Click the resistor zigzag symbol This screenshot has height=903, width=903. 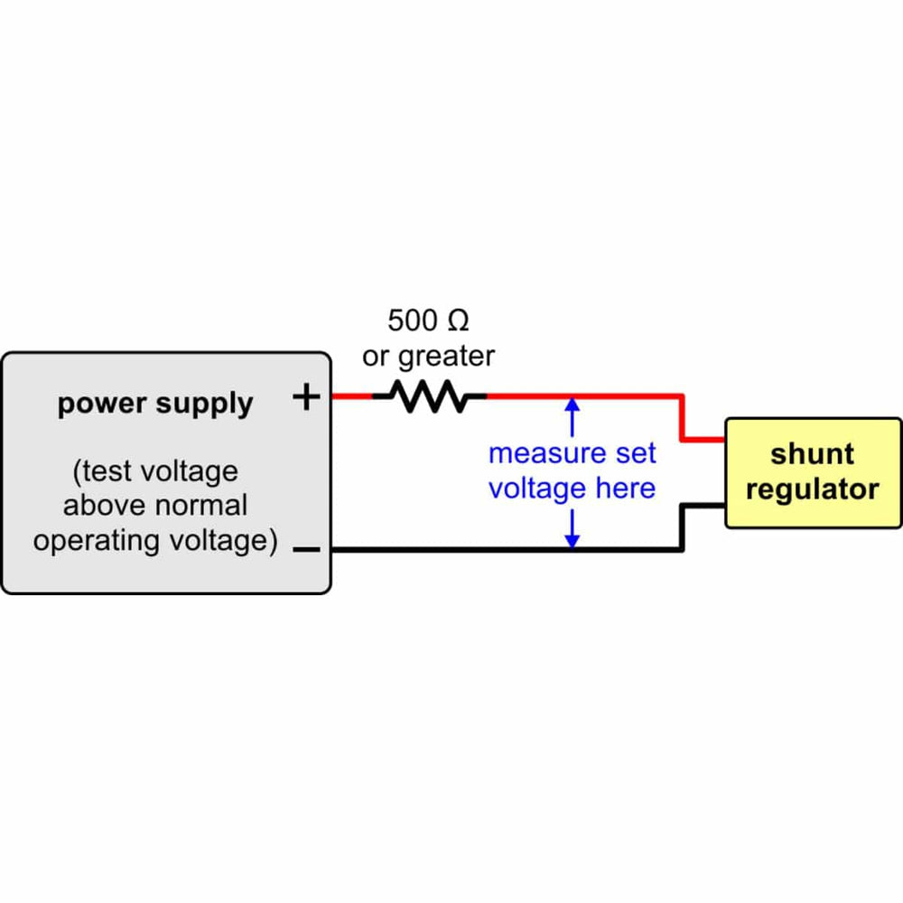430,396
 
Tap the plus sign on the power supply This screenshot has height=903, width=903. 308,396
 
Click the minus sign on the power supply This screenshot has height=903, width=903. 307,549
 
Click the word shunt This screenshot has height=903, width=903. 812,453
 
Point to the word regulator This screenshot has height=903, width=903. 812,489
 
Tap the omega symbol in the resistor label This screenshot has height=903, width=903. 458,320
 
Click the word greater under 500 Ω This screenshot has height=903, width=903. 446,357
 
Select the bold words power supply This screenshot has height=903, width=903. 155,404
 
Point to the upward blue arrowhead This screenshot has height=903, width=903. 571,405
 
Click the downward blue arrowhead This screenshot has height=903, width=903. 571,540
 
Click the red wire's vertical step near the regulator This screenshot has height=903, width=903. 683,418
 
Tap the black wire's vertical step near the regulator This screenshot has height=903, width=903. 683,526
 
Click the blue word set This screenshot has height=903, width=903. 635,453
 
